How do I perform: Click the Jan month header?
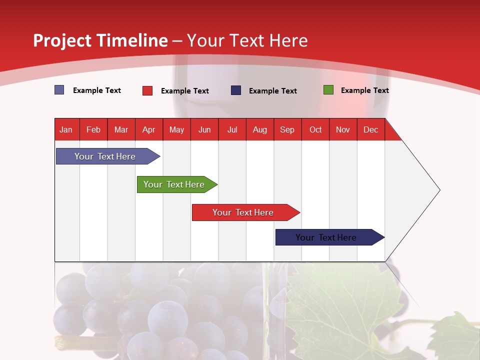(x=66, y=129)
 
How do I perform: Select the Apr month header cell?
(x=149, y=129)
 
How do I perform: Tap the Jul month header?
(x=232, y=129)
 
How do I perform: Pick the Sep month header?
(x=287, y=129)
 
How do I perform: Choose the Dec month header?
(x=370, y=129)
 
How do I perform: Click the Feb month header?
(x=93, y=129)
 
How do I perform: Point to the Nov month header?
(x=343, y=129)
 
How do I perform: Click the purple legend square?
(x=59, y=90)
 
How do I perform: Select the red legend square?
(x=147, y=90)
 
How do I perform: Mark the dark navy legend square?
(x=236, y=90)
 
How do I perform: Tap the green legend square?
(x=328, y=90)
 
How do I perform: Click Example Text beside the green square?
(x=364, y=90)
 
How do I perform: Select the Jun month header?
(x=204, y=129)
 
